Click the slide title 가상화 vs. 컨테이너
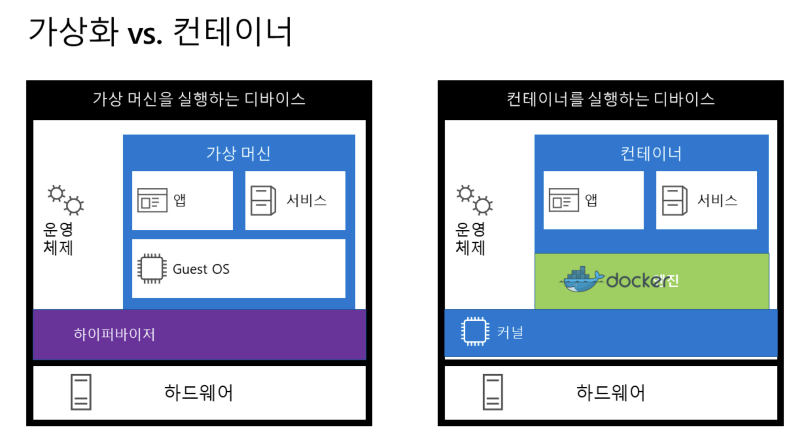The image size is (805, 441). click(x=161, y=32)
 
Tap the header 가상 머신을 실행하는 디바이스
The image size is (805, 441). click(x=199, y=99)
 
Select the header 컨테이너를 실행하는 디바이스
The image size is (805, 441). click(x=610, y=99)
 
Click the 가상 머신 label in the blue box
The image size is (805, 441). click(x=238, y=154)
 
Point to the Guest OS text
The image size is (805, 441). click(x=201, y=269)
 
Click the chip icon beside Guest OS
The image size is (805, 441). click(x=152, y=268)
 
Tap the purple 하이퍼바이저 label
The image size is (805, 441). click(x=114, y=334)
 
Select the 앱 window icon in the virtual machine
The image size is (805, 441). click(x=152, y=201)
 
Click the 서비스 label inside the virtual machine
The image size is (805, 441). click(x=307, y=201)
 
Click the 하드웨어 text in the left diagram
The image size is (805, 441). click(x=198, y=393)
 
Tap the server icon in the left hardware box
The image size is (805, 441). click(x=81, y=392)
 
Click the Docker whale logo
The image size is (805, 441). click(x=581, y=280)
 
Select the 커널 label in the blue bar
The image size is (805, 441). click(x=510, y=333)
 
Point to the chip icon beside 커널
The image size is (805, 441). click(x=475, y=332)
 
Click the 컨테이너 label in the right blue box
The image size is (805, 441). click(x=651, y=154)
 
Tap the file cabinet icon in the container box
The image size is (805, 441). click(x=675, y=201)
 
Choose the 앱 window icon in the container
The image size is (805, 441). click(x=563, y=201)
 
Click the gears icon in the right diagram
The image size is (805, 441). click(x=475, y=200)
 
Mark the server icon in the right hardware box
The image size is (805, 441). click(x=493, y=392)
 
